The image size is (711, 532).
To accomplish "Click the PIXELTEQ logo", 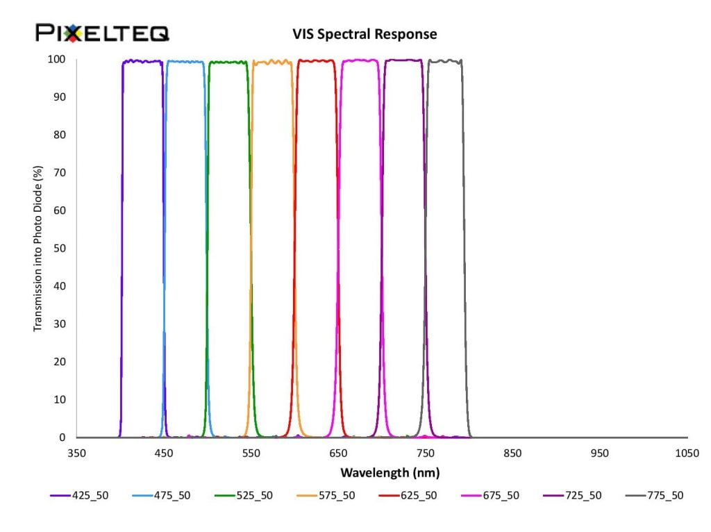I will [x=102, y=32].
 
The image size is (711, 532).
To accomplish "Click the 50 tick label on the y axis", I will [x=61, y=249].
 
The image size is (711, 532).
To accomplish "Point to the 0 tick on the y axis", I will [x=63, y=438].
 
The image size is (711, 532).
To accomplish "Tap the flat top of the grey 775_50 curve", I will [x=444, y=61].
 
